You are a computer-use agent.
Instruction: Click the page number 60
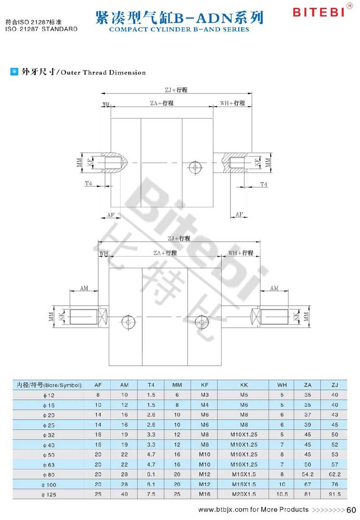tap(351, 510)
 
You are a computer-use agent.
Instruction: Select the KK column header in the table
tap(244, 385)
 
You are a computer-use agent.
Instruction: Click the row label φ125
tap(49, 495)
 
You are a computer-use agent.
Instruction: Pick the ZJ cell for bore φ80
tap(335, 474)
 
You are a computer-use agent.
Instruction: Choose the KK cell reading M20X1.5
tap(244, 494)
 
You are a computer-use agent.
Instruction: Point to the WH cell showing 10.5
tap(282, 494)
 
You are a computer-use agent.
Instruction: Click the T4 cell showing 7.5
tap(151, 494)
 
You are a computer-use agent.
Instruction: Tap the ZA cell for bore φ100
tap(307, 484)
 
